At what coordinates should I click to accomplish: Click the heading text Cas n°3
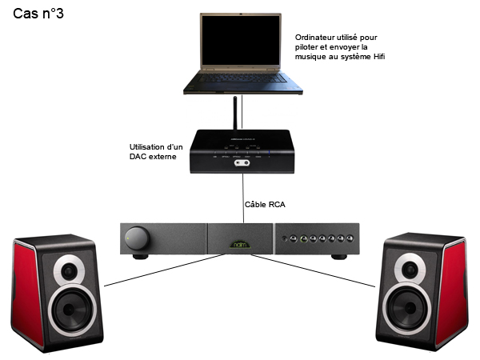click(38, 14)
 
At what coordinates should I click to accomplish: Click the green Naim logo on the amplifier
click(239, 238)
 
